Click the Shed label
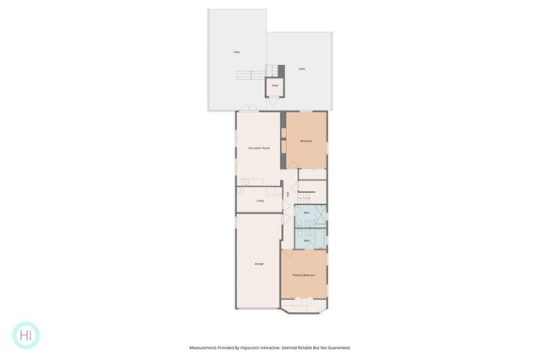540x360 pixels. tap(274, 85)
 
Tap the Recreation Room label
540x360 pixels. tap(259, 148)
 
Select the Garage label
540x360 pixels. tap(259, 264)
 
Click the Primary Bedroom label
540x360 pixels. tap(304, 276)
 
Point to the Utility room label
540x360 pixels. tap(261, 201)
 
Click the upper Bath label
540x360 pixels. tap(306, 213)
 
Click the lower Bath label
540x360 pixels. tap(306, 240)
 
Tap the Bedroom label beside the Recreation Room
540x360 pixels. tap(306, 141)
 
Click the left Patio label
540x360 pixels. tap(237, 52)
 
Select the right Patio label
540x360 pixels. tap(301, 69)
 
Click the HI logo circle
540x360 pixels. tap(26, 334)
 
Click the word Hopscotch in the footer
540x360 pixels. tap(250, 347)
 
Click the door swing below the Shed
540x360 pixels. tap(272, 100)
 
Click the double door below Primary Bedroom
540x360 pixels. tap(304, 301)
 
